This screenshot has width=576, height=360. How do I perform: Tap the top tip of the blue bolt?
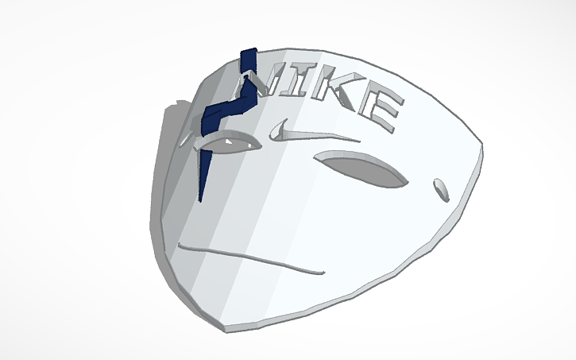(248, 50)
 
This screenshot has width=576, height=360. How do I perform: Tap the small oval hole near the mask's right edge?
(439, 188)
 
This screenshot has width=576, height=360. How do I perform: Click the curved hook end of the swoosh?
(278, 127)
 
